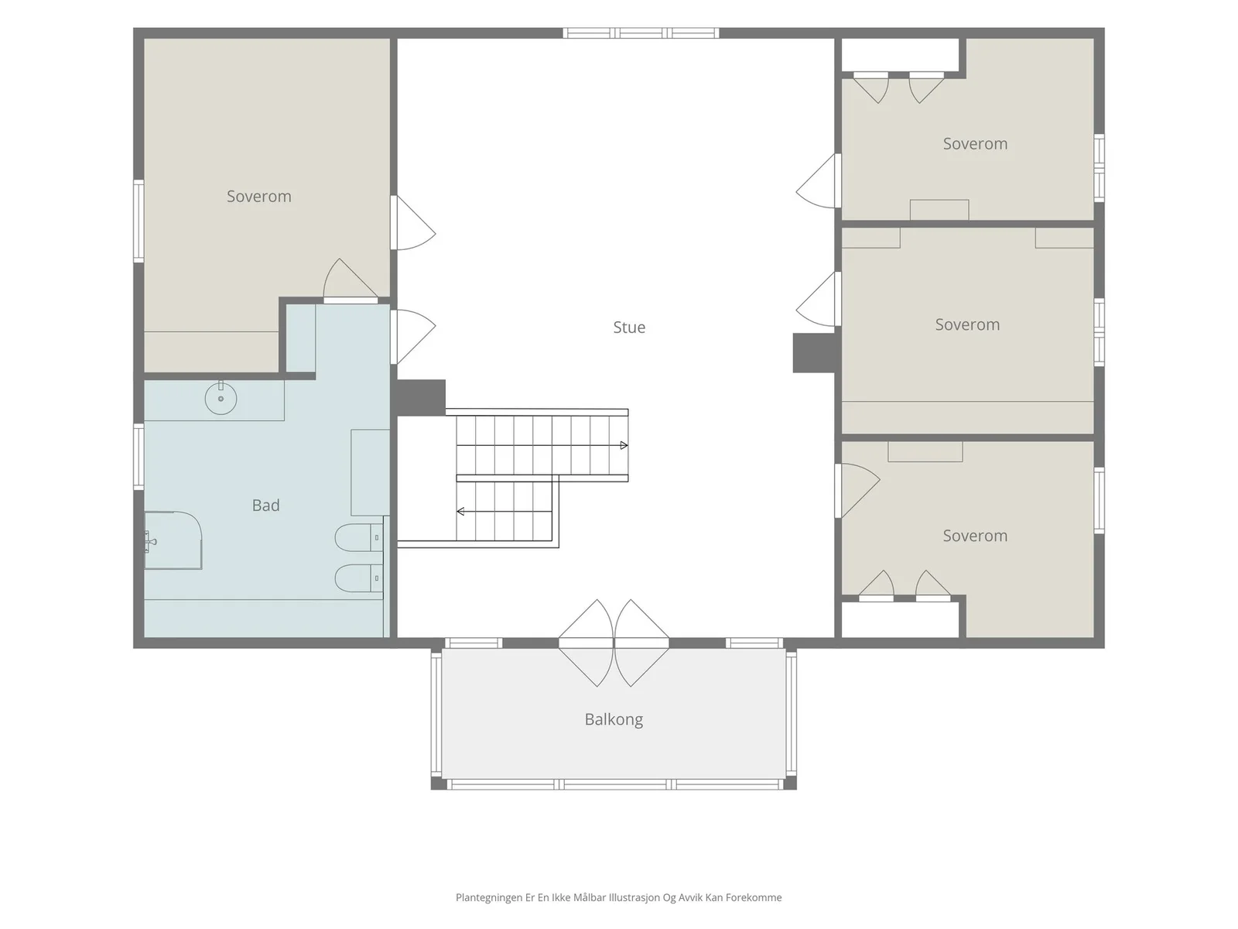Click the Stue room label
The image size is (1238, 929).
[x=629, y=327]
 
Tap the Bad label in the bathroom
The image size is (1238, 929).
[x=265, y=505]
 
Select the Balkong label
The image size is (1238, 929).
[x=614, y=719]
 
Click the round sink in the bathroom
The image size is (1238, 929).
[x=221, y=398]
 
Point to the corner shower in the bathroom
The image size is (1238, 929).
[x=173, y=540]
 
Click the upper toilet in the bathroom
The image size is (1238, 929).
[x=359, y=538]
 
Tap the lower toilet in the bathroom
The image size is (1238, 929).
[x=359, y=578]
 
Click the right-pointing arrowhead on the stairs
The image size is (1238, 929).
[x=624, y=446]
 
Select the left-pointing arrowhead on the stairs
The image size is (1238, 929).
[x=460, y=512]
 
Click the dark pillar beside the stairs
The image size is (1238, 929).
[x=421, y=398]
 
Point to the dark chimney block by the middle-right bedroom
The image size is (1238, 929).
[x=814, y=353]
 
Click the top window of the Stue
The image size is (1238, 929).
[x=641, y=33]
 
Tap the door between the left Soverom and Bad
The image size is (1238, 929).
[x=351, y=279]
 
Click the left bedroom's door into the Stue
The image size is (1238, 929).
[x=413, y=223]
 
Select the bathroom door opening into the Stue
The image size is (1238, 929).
[x=413, y=337]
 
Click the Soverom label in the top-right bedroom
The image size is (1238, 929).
[x=975, y=144]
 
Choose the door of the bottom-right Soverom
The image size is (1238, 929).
[x=857, y=491]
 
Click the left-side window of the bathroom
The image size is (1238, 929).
[x=139, y=457]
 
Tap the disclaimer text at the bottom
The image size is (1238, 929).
[x=619, y=897]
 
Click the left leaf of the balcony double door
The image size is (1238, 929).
[x=586, y=643]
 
